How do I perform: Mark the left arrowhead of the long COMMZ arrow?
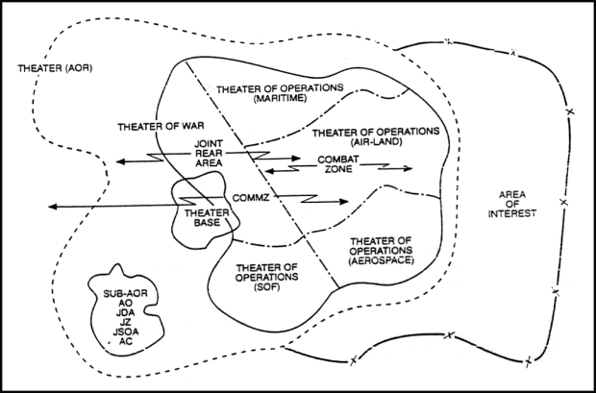49,206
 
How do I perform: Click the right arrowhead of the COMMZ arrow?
346,202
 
